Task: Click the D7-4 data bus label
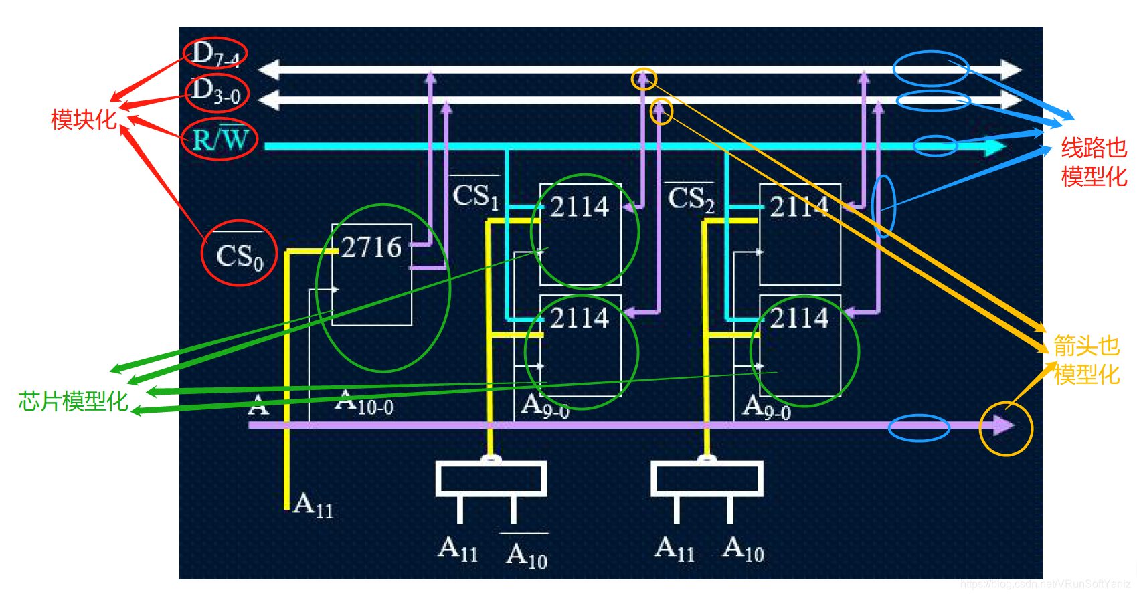coord(215,54)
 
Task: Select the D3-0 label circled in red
coord(215,92)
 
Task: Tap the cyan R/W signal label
coord(220,140)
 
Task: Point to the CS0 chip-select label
coord(240,256)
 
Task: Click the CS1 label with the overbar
coord(476,195)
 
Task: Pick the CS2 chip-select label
coord(691,199)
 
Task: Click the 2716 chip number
coord(371,247)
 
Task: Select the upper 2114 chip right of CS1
coord(580,207)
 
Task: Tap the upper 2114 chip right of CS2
coord(799,207)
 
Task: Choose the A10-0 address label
coord(365,403)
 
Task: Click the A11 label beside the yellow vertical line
coord(313,505)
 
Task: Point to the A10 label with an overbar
coord(527,554)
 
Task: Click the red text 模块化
coord(84,120)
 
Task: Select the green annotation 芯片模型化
coord(73,401)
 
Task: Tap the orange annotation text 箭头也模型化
coord(1086,360)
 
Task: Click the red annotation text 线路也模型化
coord(1094,162)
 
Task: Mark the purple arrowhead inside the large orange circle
coord(1003,425)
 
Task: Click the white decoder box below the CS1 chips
coord(491,479)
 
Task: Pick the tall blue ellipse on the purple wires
coord(883,206)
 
